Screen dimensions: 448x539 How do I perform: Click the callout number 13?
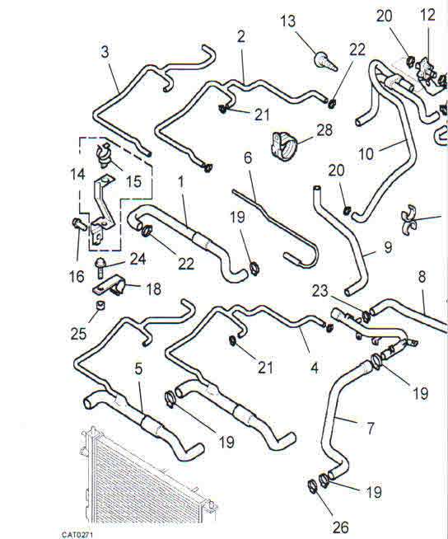point(288,21)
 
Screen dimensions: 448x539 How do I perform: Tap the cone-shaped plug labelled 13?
point(325,62)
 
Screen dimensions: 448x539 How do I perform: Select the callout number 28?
point(324,130)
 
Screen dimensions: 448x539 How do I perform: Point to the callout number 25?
point(78,333)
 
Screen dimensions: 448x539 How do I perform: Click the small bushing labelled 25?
point(100,305)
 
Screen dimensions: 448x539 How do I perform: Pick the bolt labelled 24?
point(100,268)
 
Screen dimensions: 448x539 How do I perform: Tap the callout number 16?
point(77,276)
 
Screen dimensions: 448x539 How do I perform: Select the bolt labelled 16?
point(79,224)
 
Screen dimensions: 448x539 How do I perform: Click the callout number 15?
point(133,181)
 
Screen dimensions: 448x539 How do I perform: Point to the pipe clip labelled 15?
point(103,155)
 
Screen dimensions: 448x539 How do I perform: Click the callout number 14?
point(77,174)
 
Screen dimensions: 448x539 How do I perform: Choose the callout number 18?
point(153,289)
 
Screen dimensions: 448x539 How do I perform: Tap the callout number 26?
point(340,527)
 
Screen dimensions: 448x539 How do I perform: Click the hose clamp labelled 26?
point(312,485)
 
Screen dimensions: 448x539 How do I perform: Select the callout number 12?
point(427,15)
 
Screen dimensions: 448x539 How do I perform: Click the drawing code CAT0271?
point(77,535)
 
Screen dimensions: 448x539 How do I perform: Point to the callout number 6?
point(248,157)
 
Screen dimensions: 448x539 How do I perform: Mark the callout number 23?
point(320,291)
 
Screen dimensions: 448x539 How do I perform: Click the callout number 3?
point(105,52)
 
